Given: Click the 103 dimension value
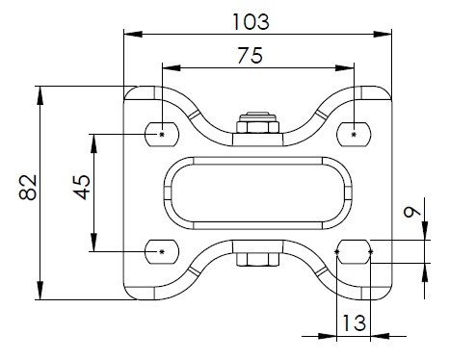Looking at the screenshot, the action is click(251, 22).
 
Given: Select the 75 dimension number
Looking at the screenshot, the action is click(251, 55).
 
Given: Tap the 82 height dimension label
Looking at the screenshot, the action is click(28, 188).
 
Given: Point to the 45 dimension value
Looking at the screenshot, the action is click(82, 188).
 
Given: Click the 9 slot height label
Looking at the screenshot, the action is click(412, 212).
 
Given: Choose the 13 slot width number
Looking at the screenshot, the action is click(355, 322).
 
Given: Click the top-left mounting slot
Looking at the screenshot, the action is click(162, 134).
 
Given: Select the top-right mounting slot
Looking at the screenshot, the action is click(354, 134).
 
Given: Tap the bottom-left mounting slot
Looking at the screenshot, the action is click(162, 252).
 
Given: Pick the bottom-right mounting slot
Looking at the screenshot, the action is click(354, 252).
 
